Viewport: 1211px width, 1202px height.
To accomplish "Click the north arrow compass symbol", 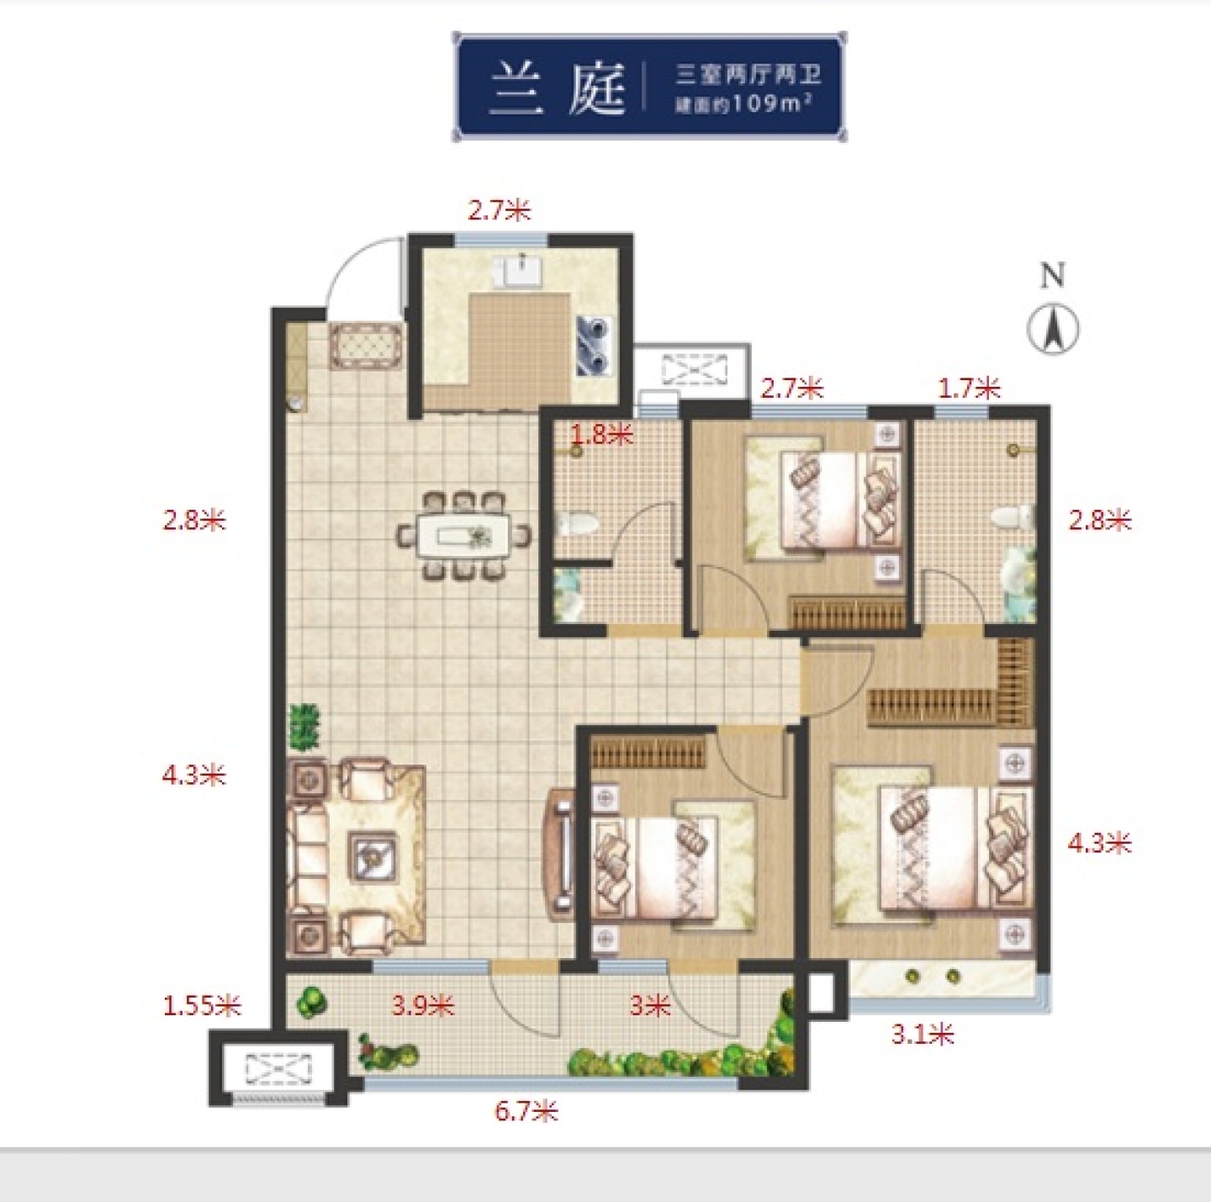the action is tap(1053, 329).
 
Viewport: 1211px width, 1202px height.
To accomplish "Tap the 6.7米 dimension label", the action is tap(526, 1111).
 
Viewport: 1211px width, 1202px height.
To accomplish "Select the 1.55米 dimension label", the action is tap(202, 1006).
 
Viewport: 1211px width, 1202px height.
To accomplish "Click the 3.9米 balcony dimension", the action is tap(422, 1006).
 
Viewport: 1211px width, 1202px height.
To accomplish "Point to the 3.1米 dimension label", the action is tap(923, 1034).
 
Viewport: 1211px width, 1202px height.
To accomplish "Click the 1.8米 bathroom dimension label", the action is tap(601, 434).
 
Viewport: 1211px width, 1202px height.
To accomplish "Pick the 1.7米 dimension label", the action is tap(969, 389).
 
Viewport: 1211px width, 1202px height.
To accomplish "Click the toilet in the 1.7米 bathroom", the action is tap(1013, 517).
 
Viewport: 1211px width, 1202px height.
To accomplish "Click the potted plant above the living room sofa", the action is tap(304, 727).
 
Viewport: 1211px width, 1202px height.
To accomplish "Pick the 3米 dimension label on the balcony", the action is tap(650, 1006).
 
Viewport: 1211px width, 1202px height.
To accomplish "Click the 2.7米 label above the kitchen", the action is tap(500, 210).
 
